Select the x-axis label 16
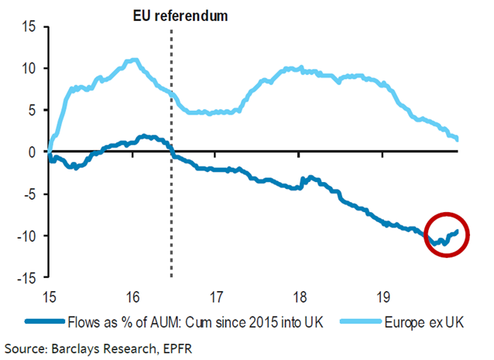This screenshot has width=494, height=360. pos(132,295)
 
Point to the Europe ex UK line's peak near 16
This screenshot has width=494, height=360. pos(135,60)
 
